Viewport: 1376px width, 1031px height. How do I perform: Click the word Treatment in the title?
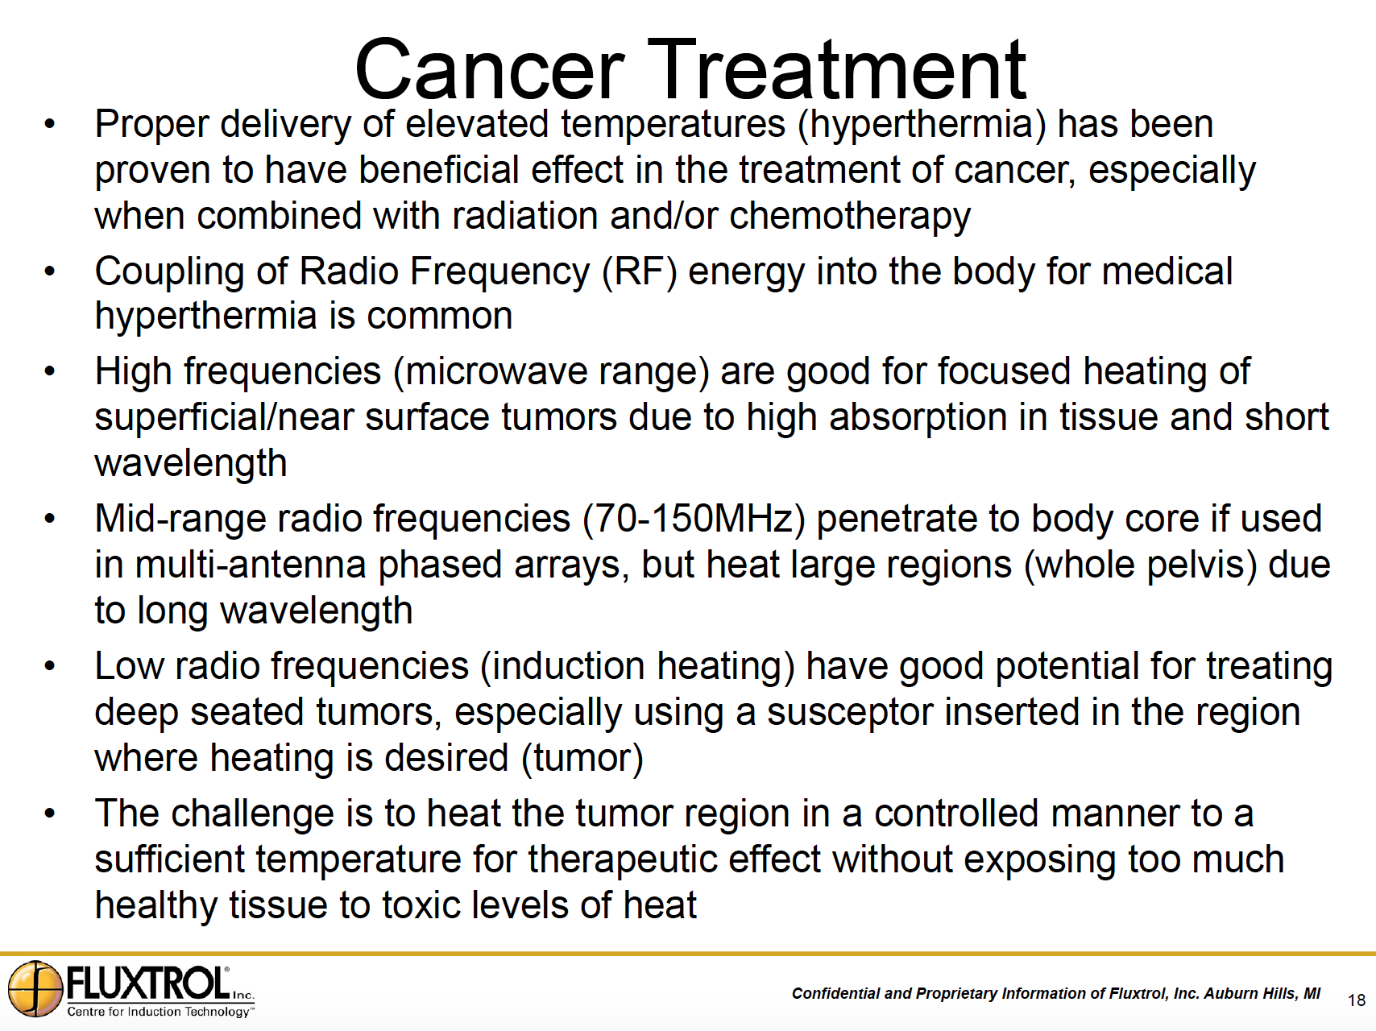click(837, 69)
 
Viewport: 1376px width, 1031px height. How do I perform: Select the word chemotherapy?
click(850, 217)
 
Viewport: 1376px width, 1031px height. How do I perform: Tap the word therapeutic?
click(623, 860)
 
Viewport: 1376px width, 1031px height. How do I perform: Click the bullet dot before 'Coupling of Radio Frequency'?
click(50, 272)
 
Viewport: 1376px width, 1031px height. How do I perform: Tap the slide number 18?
click(1357, 1000)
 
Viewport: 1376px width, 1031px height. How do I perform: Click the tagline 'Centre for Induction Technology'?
click(160, 1012)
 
